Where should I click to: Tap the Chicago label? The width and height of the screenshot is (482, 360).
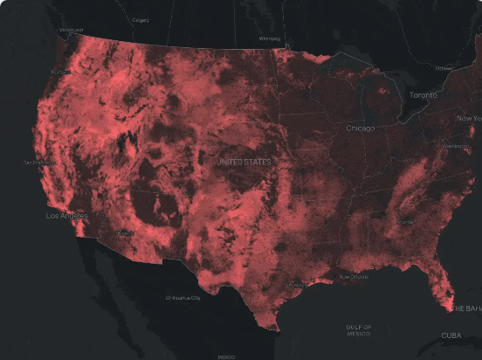click(360, 128)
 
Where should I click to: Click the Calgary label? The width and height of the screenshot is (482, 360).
click(140, 18)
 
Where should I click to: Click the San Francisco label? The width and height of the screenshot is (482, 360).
click(40, 163)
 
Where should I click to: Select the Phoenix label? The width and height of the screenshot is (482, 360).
click(125, 233)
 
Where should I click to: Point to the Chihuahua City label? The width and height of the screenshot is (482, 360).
click(183, 298)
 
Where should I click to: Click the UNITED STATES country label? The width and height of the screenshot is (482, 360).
click(244, 162)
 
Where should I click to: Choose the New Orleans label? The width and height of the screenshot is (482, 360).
click(354, 276)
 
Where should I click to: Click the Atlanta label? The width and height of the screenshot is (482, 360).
click(404, 223)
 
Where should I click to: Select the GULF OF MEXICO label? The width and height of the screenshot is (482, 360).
click(359, 329)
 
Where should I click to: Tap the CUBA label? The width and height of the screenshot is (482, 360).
click(451, 336)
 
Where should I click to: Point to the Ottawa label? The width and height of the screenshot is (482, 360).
click(444, 67)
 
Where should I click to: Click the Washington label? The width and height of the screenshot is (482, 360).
click(456, 146)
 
